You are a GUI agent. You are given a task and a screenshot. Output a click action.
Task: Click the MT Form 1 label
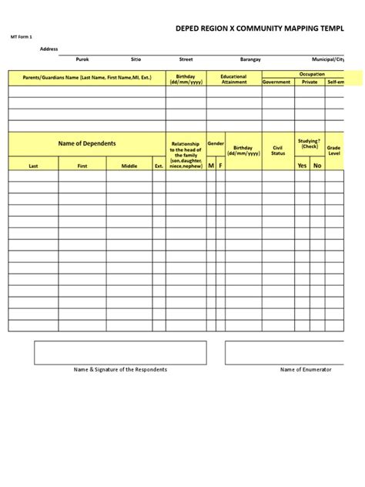pos(21,36)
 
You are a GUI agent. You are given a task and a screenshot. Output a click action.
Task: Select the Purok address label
pos(82,59)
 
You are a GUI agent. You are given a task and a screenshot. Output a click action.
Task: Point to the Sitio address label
pos(136,59)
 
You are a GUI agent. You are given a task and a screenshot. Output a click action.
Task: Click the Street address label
pos(186,59)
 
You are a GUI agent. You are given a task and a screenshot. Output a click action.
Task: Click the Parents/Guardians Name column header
pos(87,77)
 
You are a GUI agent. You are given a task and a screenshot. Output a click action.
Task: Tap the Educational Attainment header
pos(233,79)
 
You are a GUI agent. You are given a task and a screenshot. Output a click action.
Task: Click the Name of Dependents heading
pos(87,144)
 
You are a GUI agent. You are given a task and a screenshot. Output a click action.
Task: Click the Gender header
pos(216,143)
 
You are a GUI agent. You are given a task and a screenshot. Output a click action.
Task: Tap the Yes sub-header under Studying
pos(302,165)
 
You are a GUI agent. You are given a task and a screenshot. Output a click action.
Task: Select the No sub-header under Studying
pos(316,165)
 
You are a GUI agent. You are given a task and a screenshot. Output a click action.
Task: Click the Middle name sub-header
pos(129,166)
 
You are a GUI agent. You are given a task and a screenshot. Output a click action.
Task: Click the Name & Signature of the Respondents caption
pos(120,370)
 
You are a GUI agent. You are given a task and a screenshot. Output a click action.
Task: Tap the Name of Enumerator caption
pos(306,370)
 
